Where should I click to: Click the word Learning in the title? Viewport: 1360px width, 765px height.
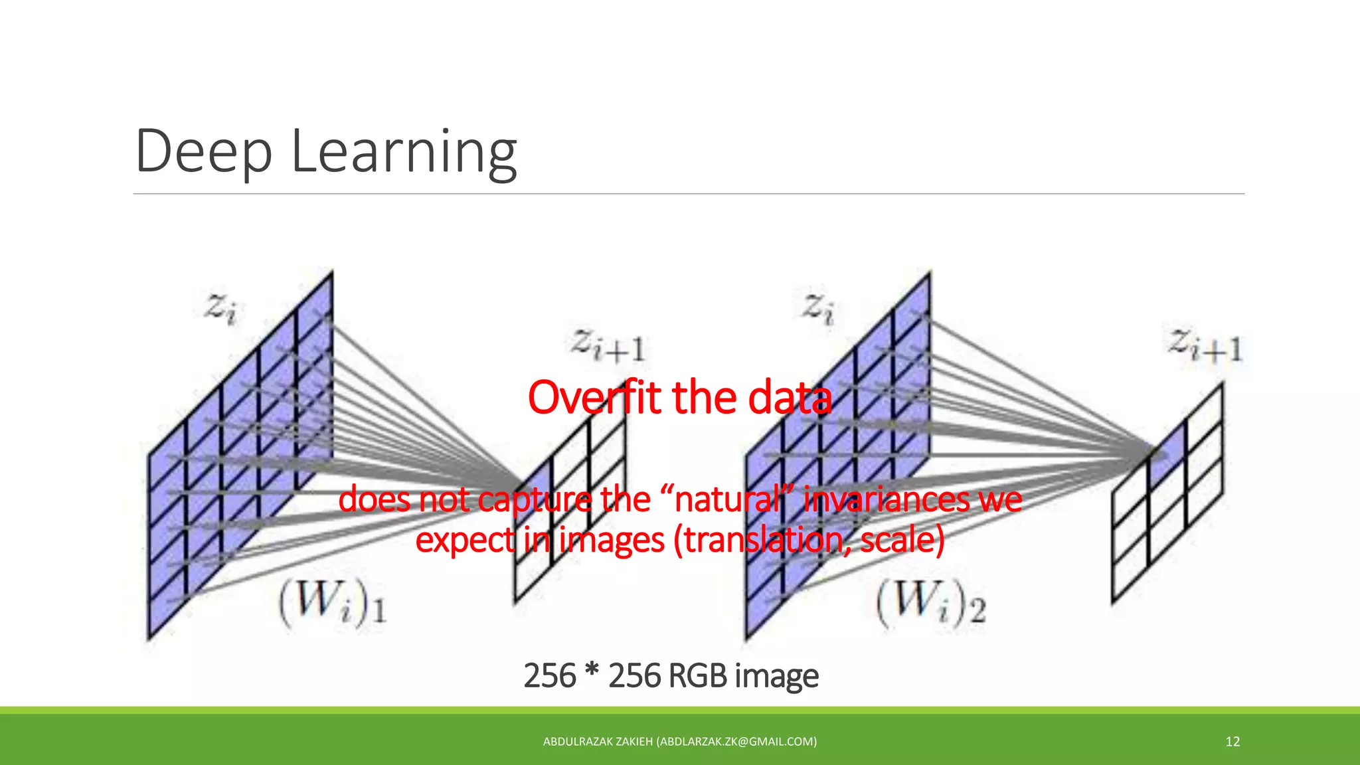coord(404,153)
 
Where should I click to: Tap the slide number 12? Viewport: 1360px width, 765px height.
coord(1232,742)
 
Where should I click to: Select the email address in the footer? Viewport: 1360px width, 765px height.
coord(736,742)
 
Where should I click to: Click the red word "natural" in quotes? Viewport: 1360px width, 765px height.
coord(728,499)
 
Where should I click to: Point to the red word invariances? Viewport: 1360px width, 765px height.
coord(887,499)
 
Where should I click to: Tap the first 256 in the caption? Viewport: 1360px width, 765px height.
coord(550,676)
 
